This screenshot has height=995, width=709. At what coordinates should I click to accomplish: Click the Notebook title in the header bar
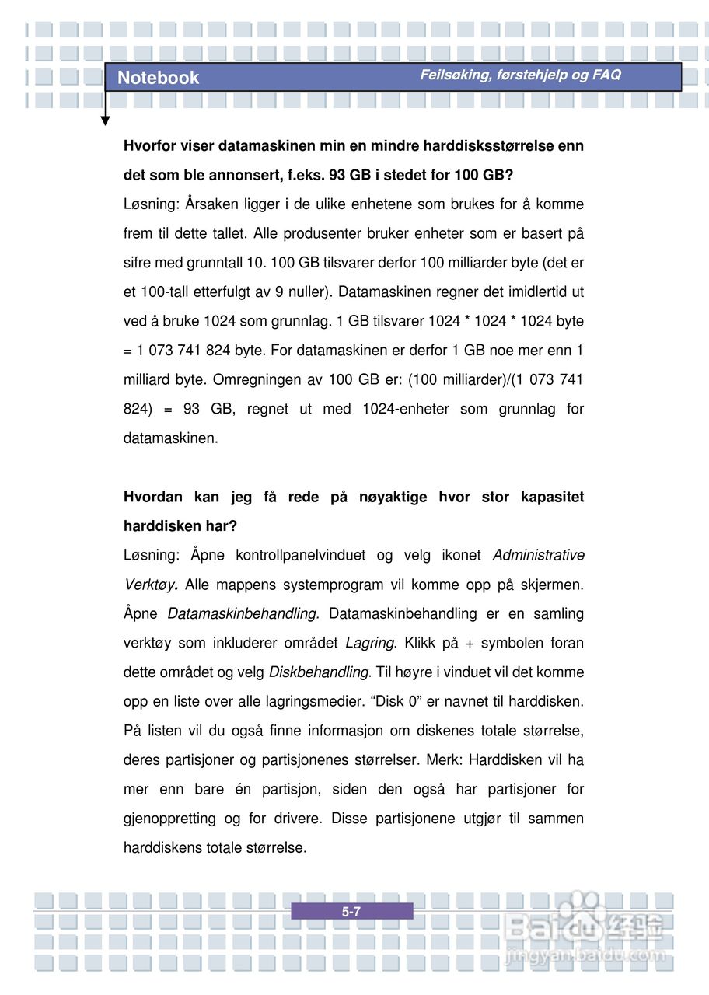(x=158, y=78)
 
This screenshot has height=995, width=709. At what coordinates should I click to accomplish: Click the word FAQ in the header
(x=606, y=75)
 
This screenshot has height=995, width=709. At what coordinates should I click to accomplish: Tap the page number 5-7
(x=351, y=912)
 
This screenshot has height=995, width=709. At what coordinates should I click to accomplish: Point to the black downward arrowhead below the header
(x=106, y=120)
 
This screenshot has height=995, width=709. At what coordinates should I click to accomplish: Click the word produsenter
(x=320, y=233)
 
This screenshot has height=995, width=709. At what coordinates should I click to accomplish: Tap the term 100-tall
(x=162, y=292)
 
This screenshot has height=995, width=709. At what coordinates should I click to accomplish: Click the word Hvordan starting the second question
(x=153, y=497)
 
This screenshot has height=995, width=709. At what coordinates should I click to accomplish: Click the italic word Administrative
(x=539, y=555)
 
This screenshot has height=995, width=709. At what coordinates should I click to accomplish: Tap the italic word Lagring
(x=370, y=643)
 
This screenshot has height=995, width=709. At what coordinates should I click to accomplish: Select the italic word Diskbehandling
(x=318, y=672)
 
